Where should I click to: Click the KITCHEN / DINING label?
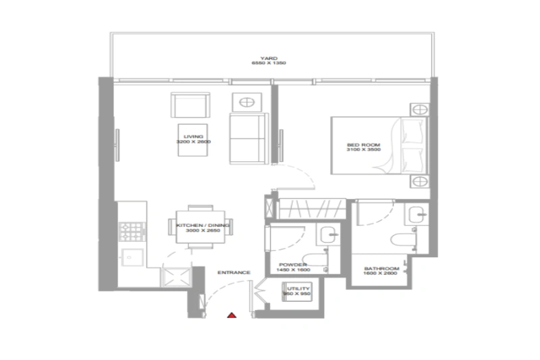point(202,225)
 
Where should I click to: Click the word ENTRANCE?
point(234,272)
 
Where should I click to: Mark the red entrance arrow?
point(232,315)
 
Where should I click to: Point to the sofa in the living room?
point(248,138)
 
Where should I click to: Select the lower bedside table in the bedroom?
point(418,180)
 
